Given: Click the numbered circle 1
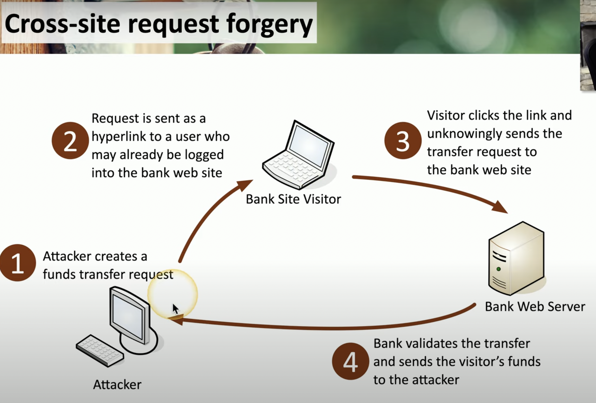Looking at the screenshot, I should pyautogui.click(x=18, y=263).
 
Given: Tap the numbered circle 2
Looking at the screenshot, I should pyautogui.click(x=70, y=141).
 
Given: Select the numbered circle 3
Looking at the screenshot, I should pyautogui.click(x=403, y=141).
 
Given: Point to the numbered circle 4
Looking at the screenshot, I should pyautogui.click(x=350, y=361).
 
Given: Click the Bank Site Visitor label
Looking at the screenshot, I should pyautogui.click(x=293, y=199).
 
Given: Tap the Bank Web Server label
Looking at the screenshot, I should pyautogui.click(x=535, y=307).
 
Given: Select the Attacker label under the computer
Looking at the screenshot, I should pyautogui.click(x=117, y=384).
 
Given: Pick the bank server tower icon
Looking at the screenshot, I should pyautogui.click(x=516, y=258).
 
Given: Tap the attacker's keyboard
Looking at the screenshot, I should pyautogui.click(x=100, y=351).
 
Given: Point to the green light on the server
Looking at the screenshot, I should pyautogui.click(x=499, y=269).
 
